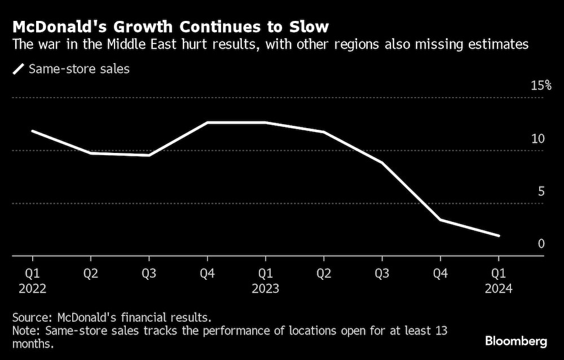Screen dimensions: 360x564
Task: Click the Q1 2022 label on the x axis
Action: coord(32,281)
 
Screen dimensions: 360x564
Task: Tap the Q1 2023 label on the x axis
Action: coord(265,281)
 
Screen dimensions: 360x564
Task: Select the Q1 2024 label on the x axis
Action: coord(498,281)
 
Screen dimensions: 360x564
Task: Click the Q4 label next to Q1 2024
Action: coord(440,274)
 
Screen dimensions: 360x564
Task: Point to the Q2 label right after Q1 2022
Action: coord(90,274)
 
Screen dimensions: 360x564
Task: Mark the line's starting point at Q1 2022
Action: coord(32,131)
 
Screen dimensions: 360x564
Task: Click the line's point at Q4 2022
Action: coord(207,122)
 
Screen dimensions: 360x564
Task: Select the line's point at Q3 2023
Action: coord(382,163)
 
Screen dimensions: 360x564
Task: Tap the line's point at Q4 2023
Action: coord(440,219)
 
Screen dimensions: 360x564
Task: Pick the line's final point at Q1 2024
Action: coord(498,235)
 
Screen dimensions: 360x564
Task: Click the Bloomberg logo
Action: coord(516,341)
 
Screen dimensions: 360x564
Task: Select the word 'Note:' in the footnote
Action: coord(26,331)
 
